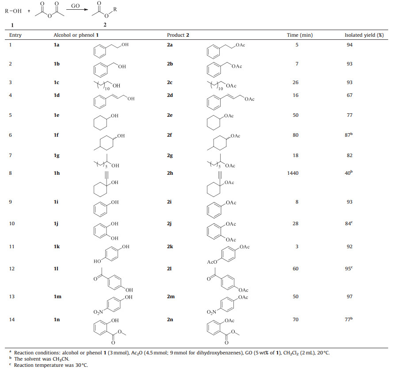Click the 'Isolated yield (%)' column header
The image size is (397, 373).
coord(364,35)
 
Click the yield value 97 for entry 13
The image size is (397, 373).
coord(350,296)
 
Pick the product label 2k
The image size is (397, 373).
coord(170,246)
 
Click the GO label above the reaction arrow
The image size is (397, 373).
coord(75,6)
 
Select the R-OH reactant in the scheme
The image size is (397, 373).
coord(13,12)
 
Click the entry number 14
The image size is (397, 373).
coord(12,318)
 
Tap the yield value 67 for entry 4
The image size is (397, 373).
coord(350,95)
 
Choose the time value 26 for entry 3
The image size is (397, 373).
coord(296,82)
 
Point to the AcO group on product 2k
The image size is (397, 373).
coord(213,262)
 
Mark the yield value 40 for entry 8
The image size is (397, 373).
coord(349,173)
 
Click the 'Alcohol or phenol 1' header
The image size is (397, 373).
coord(72,35)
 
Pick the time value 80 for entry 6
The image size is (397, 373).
coord(296,136)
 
